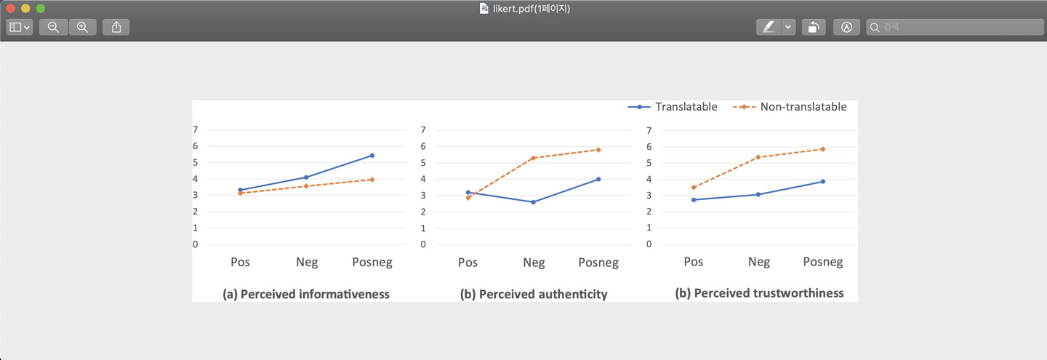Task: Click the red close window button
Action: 11,8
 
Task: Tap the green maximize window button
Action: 40,8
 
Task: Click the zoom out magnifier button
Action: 53,27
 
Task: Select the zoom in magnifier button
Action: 82,27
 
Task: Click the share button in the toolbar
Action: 116,27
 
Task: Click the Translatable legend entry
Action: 673,107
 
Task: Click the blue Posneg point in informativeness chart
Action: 372,156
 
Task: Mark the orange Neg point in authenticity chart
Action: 533,158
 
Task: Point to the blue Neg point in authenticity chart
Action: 533,202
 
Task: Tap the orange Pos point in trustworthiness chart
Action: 694,187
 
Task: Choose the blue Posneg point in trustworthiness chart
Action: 822,181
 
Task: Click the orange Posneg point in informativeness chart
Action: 372,179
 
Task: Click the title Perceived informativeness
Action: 306,295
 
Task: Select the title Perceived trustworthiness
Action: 759,293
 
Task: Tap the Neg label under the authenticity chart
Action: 533,263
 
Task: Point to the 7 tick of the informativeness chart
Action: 196,129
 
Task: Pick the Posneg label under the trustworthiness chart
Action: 822,262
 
